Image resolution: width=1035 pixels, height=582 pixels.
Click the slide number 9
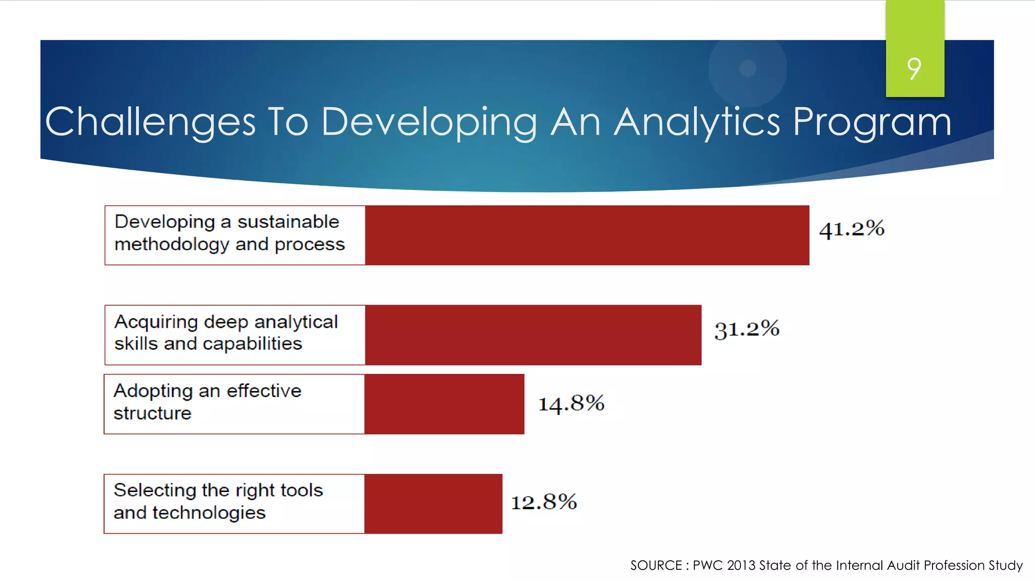click(x=914, y=69)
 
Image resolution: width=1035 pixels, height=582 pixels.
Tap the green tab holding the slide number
click(x=915, y=30)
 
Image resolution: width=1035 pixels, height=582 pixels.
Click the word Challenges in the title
click(x=150, y=122)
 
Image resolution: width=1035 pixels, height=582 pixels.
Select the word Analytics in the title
click(x=697, y=122)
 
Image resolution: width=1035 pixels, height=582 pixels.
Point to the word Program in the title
click(x=872, y=122)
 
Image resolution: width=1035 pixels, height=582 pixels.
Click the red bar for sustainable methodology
click(x=587, y=235)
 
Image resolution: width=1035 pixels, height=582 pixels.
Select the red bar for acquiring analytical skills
click(x=533, y=334)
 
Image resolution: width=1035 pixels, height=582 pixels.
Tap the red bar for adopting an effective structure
click(x=444, y=404)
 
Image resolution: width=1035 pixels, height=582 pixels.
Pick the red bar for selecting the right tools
click(x=433, y=503)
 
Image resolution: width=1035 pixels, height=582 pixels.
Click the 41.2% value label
click(x=852, y=229)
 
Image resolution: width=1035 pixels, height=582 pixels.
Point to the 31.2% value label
click(x=746, y=329)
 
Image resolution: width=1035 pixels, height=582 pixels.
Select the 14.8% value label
click(x=571, y=403)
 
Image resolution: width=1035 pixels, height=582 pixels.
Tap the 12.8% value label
click(x=544, y=502)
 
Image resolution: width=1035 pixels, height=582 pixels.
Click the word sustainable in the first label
click(x=288, y=222)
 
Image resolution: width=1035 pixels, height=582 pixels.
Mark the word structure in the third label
click(x=152, y=413)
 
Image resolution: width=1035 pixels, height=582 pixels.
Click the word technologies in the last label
click(x=209, y=513)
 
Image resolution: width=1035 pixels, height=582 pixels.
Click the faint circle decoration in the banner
click(x=747, y=68)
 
